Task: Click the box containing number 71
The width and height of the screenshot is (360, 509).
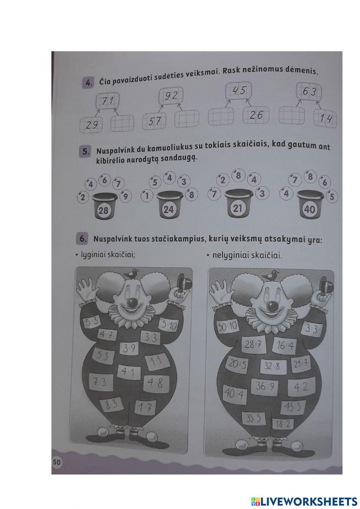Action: click(107, 101)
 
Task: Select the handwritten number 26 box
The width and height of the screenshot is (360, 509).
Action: click(256, 115)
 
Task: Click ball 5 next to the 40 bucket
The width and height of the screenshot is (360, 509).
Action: click(332, 197)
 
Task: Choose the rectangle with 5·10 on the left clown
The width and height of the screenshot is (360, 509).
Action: click(168, 326)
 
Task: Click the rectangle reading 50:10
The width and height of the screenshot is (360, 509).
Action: click(228, 327)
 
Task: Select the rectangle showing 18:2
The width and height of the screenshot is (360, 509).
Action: click(283, 424)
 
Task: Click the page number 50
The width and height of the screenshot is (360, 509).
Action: click(57, 462)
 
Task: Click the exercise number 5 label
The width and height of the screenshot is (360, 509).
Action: click(85, 152)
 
